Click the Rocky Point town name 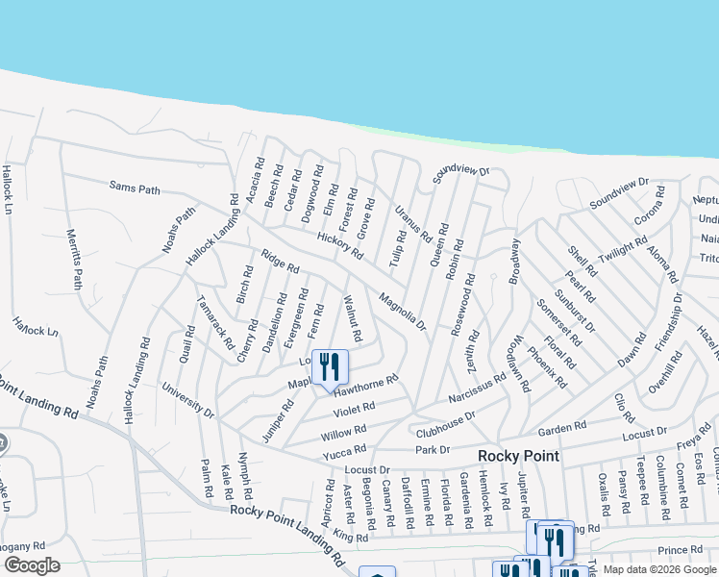520,455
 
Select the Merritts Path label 75,259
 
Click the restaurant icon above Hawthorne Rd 330,366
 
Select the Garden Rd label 562,427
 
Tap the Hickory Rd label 339,246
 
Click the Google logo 32,565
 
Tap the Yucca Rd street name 345,449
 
